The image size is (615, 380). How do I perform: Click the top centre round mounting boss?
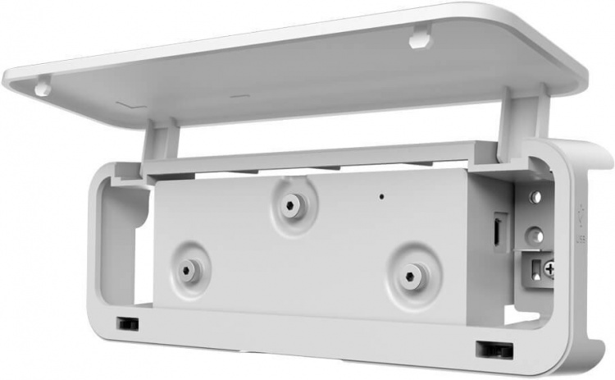(289, 204)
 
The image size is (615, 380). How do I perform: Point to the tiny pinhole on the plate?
(380, 197)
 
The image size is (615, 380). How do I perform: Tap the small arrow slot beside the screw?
(534, 268)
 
